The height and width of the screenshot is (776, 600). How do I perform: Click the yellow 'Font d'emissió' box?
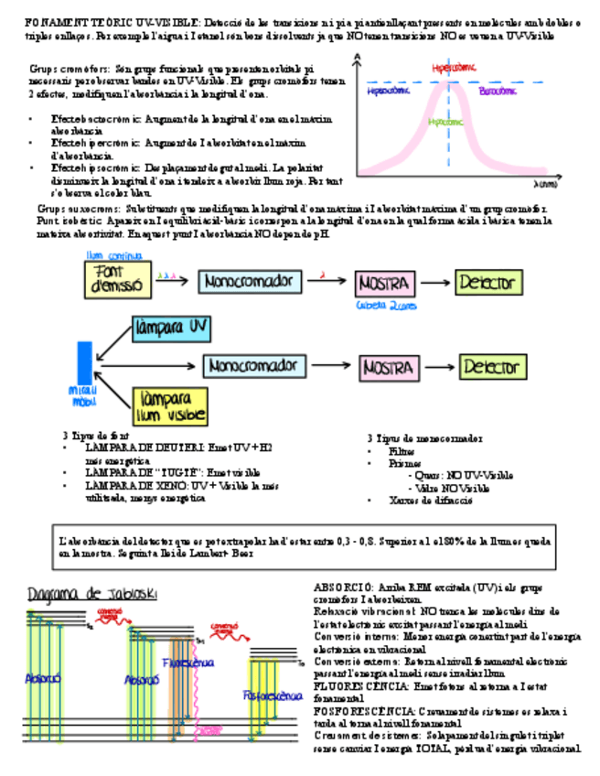click(x=116, y=279)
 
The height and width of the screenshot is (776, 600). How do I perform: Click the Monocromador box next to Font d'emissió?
click(x=248, y=280)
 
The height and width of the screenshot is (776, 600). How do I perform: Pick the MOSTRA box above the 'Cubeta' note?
click(x=386, y=283)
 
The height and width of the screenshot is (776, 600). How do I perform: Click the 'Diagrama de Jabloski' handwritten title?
click(x=91, y=595)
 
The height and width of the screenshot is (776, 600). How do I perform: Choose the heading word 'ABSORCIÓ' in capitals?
click(x=343, y=585)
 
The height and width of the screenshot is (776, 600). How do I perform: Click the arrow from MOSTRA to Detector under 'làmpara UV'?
click(x=434, y=368)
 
